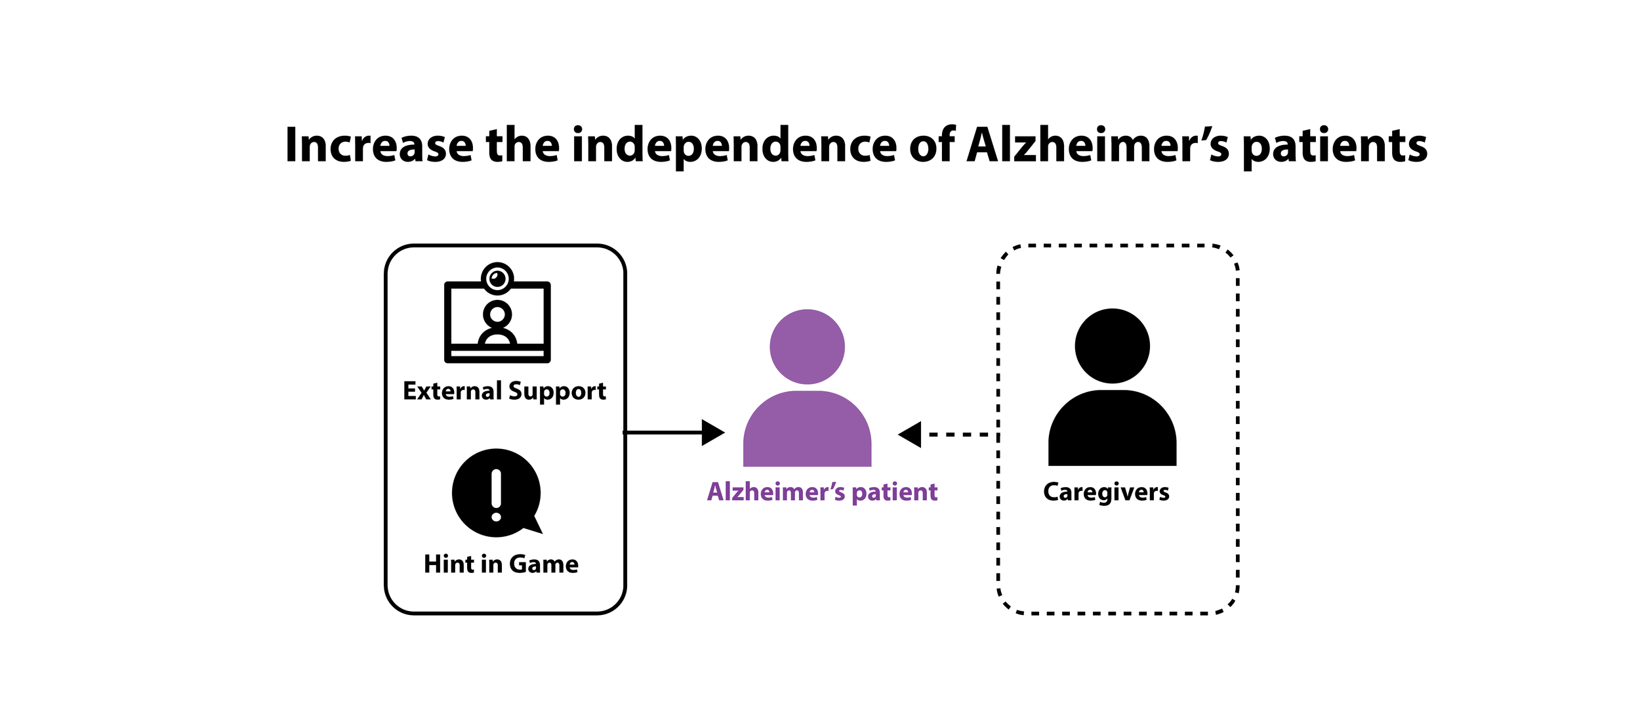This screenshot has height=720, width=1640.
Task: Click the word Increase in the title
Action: coord(379,145)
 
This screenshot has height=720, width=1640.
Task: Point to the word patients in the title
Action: coord(1335,145)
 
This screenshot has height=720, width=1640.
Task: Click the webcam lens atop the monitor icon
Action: coord(497,278)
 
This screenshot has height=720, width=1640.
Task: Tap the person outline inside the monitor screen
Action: coord(497,323)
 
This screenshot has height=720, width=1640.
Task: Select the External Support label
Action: coord(504,391)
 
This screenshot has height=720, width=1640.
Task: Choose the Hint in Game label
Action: coord(501,564)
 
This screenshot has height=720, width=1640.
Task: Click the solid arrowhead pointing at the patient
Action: coord(712,433)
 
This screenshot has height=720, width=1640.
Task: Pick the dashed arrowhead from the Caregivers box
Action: coord(911,434)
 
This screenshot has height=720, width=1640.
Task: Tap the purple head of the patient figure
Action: coord(807,347)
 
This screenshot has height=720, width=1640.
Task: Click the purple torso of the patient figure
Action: coord(807,430)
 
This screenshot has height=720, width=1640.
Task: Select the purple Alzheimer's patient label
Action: coord(822,492)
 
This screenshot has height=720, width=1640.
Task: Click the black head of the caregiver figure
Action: coord(1112,346)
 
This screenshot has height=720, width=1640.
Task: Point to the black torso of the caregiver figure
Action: coord(1112,429)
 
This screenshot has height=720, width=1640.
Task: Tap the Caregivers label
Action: coord(1106,492)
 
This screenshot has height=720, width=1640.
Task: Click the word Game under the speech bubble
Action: coord(543,564)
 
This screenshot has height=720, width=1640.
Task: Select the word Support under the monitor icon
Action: coord(557,391)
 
